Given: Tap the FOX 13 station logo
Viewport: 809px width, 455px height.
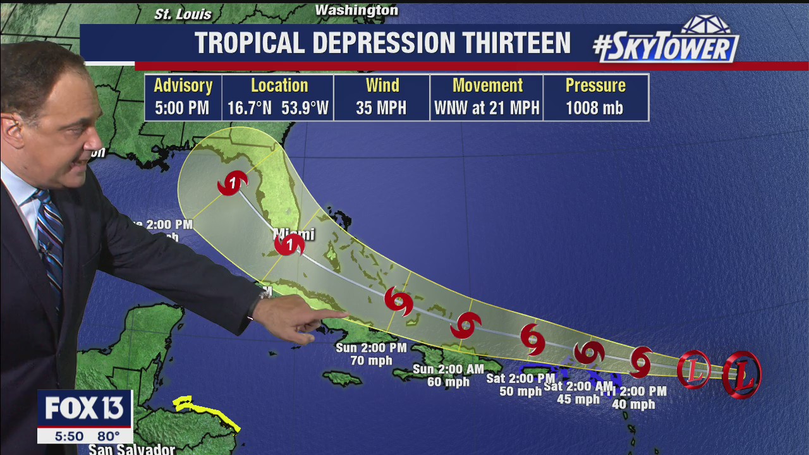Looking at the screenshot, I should pyautogui.click(x=83, y=409).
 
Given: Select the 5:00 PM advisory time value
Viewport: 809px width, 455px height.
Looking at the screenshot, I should pyautogui.click(x=182, y=108).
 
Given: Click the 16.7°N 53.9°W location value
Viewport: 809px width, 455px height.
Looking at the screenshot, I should pyautogui.click(x=278, y=108).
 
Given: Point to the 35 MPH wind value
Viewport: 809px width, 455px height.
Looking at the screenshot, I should pyautogui.click(x=381, y=108).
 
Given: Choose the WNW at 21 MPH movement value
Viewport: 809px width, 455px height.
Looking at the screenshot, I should pyautogui.click(x=487, y=108).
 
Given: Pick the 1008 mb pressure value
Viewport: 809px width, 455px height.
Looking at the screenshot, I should pyautogui.click(x=595, y=108).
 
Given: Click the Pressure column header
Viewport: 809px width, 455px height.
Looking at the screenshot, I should pyautogui.click(x=595, y=85).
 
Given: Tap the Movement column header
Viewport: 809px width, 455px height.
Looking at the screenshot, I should pyautogui.click(x=487, y=85).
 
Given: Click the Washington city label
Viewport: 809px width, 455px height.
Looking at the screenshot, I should pyautogui.click(x=356, y=10).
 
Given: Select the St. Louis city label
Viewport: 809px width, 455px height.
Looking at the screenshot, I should pyautogui.click(x=183, y=14).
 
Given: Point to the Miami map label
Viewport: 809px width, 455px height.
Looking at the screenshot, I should pyautogui.click(x=293, y=234).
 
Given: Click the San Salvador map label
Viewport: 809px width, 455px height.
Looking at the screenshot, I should pyautogui.click(x=131, y=449).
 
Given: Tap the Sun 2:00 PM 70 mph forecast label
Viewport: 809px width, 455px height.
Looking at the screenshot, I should pyautogui.click(x=371, y=354).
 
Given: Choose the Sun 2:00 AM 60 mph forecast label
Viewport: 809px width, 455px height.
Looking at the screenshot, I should pyautogui.click(x=448, y=375).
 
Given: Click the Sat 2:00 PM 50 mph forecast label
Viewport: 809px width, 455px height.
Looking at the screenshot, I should pyautogui.click(x=520, y=385).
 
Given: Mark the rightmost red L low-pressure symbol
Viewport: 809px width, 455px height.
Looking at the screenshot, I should pyautogui.click(x=741, y=374).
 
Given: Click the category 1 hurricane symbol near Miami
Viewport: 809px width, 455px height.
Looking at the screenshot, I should pyautogui.click(x=289, y=244).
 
